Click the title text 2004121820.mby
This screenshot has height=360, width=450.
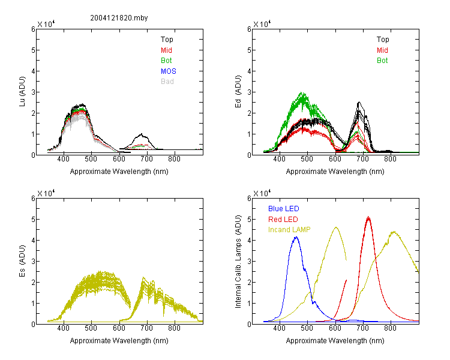click(x=119, y=18)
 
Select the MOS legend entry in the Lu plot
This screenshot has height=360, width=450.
click(x=168, y=71)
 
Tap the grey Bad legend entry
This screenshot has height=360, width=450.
click(x=167, y=82)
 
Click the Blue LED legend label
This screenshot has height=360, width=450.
click(x=284, y=209)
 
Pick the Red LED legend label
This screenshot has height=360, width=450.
click(x=283, y=220)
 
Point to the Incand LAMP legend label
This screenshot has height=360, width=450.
click(x=289, y=230)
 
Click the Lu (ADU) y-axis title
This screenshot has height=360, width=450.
click(x=22, y=91)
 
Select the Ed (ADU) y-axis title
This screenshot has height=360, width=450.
click(x=238, y=91)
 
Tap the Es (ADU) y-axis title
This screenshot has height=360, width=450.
click(x=22, y=260)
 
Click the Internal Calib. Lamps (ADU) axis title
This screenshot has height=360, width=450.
click(x=238, y=262)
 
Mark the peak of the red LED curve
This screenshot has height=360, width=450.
click(x=368, y=217)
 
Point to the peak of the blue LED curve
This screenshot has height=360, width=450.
click(x=296, y=237)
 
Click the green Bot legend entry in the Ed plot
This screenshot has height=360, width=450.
click(x=382, y=61)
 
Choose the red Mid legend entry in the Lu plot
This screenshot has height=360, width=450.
click(x=166, y=50)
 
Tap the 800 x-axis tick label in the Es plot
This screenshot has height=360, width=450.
click(x=174, y=328)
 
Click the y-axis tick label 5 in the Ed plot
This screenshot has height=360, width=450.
click(x=249, y=50)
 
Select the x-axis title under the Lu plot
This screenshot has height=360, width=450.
click(x=119, y=172)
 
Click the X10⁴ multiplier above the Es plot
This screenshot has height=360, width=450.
click(x=46, y=193)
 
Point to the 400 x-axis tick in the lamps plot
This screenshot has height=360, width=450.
click(x=280, y=328)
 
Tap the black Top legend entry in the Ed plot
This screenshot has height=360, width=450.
click(x=383, y=40)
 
